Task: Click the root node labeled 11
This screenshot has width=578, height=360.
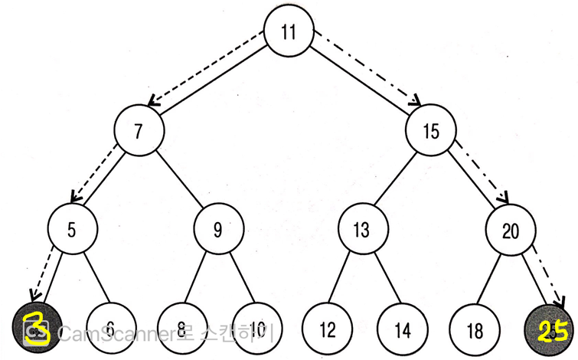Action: click(x=288, y=33)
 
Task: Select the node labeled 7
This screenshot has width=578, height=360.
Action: click(x=139, y=130)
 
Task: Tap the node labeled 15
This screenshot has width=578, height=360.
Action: click(x=431, y=130)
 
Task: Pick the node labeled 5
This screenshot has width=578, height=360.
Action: click(x=72, y=228)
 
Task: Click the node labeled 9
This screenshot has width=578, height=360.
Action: click(x=218, y=228)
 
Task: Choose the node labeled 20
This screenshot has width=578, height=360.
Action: click(x=509, y=228)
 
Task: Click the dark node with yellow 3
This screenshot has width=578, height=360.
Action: click(x=37, y=329)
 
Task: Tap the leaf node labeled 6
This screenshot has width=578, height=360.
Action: click(x=109, y=329)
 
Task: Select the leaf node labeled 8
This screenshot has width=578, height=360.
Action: click(x=181, y=329)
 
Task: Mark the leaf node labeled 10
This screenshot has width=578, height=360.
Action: click(x=254, y=329)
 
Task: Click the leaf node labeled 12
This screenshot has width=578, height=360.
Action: click(x=327, y=329)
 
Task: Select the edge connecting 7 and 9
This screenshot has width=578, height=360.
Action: click(x=179, y=179)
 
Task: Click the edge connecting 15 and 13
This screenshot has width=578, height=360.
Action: click(x=396, y=179)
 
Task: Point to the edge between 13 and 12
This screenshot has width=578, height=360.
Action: click(x=344, y=279)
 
